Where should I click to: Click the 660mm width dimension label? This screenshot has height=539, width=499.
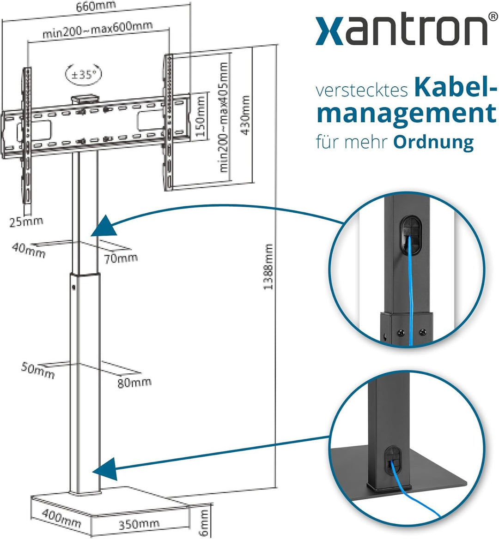pos(97,6)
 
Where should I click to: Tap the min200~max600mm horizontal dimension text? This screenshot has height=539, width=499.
pos(97,30)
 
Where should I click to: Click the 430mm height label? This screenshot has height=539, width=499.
pos(245,115)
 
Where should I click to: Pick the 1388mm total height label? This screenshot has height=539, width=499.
pos(268,267)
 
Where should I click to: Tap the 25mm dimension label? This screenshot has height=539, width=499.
pos(26,221)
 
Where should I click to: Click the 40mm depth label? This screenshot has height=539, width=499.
pos(29,251)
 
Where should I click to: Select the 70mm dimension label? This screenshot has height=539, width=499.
pos(121,258)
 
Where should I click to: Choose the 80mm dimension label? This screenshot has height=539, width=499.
pos(134,382)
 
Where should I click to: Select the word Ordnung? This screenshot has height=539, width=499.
pos(433,142)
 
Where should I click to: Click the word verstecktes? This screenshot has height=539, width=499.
pos(362,90)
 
